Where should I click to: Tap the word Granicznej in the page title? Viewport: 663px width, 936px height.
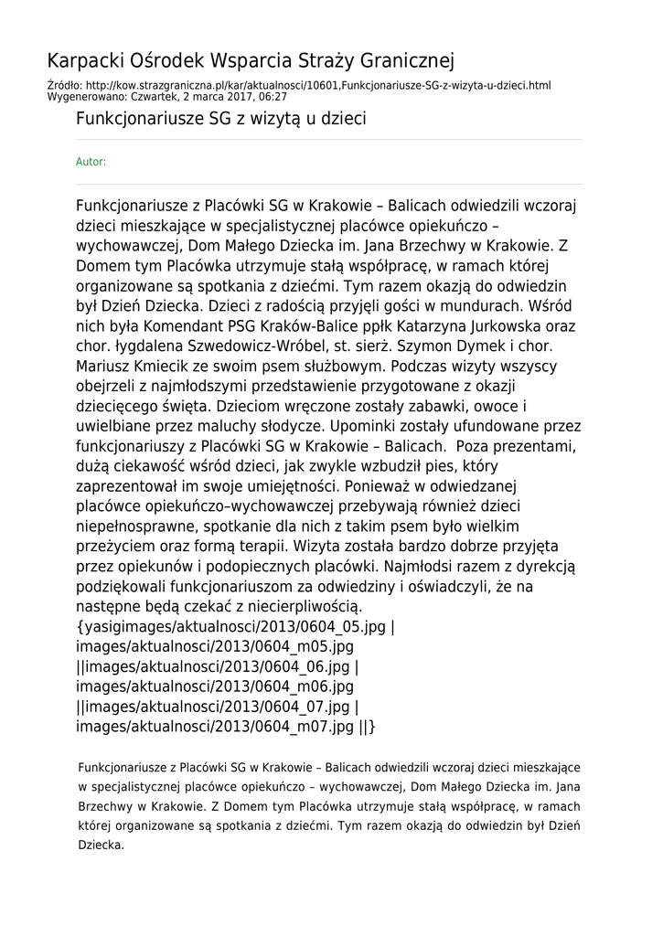(406, 61)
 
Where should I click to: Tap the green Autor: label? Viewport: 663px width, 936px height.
(91, 162)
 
